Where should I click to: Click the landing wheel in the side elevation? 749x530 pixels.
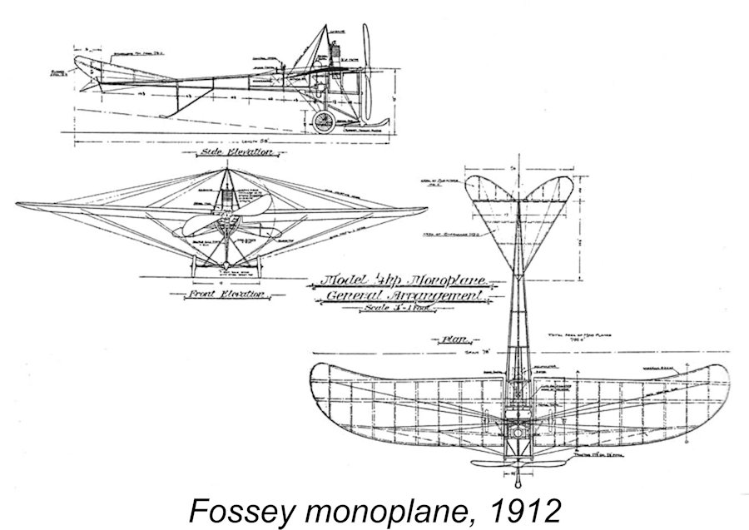tap(323, 122)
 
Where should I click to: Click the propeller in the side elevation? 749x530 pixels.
tap(365, 75)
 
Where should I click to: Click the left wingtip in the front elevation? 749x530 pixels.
tap(18, 205)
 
